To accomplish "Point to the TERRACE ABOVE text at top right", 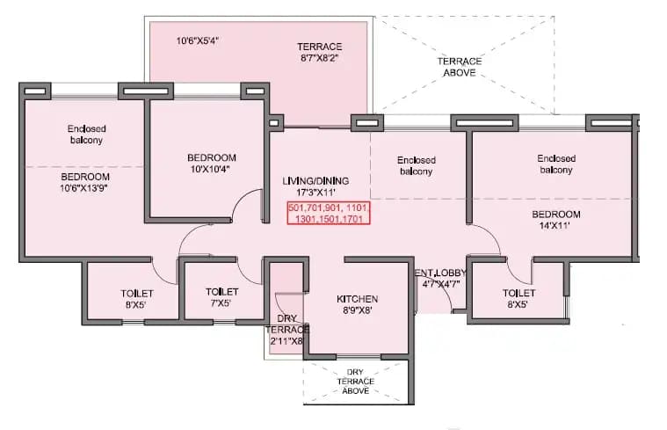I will point(460,67).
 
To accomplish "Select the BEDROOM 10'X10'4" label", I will point(211,164).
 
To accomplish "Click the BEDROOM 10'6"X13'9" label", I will point(84,181).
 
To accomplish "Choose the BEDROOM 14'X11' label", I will point(556,221).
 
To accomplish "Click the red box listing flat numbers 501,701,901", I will point(329,213).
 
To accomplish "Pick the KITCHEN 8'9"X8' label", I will point(357,305).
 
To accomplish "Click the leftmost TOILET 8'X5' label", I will point(137,298).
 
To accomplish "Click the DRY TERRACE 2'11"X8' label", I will point(286,330).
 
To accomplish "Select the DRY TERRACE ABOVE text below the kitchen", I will point(356,381).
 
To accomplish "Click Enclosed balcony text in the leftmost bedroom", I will point(85,134).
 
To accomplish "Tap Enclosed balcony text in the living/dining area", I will point(415,165).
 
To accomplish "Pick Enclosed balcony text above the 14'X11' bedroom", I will point(555,164).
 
